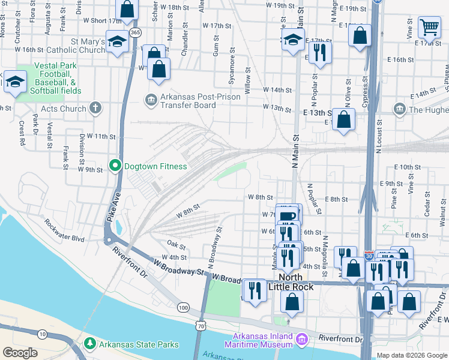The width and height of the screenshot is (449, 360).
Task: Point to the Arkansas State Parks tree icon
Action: [90, 344]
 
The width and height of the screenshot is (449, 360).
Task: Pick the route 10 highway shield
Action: [41, 334]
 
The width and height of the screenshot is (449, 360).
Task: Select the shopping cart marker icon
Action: [429, 26]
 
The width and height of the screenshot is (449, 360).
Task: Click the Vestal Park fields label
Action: [58, 78]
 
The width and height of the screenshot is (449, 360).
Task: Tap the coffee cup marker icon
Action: [288, 215]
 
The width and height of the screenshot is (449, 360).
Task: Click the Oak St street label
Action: [176, 245]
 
